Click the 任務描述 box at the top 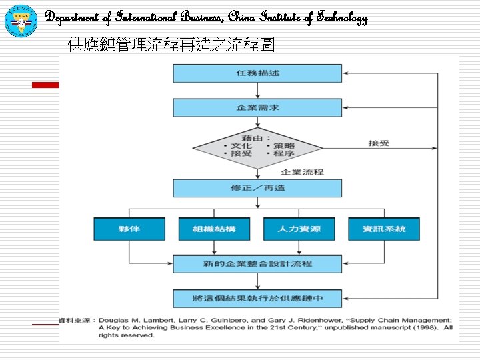[x=257, y=73]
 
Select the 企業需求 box [x=257, y=107]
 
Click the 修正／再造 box [x=257, y=188]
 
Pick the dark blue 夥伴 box [x=129, y=229]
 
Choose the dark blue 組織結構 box [x=214, y=229]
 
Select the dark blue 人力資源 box [x=299, y=229]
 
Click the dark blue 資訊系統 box [x=384, y=229]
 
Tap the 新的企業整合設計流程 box [x=257, y=264]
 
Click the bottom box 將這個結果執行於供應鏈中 [x=257, y=298]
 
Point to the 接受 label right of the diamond [x=379, y=143]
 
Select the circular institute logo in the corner [x=21, y=19]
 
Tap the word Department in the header [x=73, y=18]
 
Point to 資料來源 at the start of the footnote [x=75, y=320]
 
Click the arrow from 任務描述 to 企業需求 [x=257, y=91]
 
